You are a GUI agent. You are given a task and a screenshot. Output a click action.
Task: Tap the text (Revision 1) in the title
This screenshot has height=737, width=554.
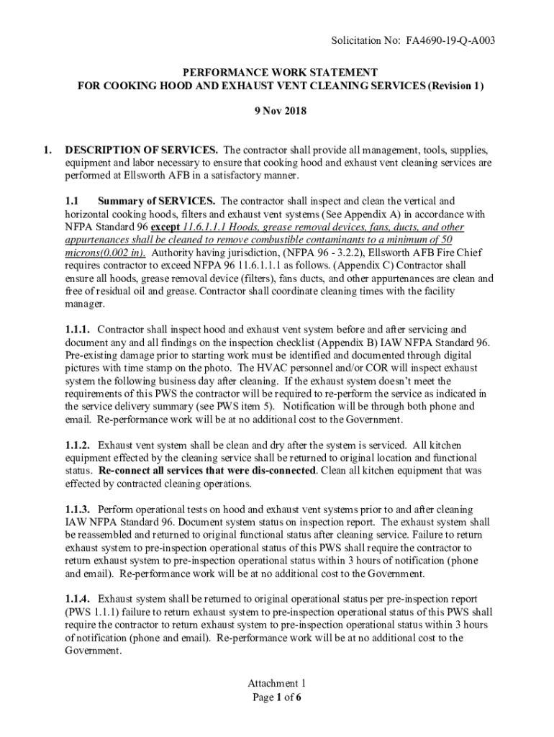(x=453, y=86)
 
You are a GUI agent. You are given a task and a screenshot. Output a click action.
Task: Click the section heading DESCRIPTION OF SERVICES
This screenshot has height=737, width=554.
(x=142, y=150)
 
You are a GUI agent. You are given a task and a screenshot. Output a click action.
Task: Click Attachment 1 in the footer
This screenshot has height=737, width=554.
(x=277, y=683)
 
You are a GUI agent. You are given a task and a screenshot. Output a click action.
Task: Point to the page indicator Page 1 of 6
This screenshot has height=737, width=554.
(x=277, y=697)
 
